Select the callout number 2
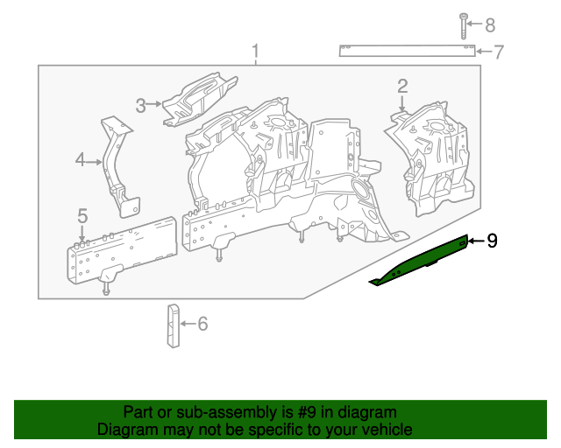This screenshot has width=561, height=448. click(402, 86)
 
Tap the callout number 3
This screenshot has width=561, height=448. click(140, 106)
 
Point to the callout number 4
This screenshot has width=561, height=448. click(80, 160)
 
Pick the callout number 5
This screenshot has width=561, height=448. click(82, 215)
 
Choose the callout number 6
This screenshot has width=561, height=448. click(202, 325)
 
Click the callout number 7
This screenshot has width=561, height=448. click(498, 52)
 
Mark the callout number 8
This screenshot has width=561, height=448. click(489, 24)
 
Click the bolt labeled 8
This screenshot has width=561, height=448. click(462, 26)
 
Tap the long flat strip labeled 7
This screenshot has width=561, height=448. click(408, 50)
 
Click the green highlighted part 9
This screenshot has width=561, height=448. click(421, 260)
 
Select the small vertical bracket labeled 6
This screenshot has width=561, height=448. click(171, 325)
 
